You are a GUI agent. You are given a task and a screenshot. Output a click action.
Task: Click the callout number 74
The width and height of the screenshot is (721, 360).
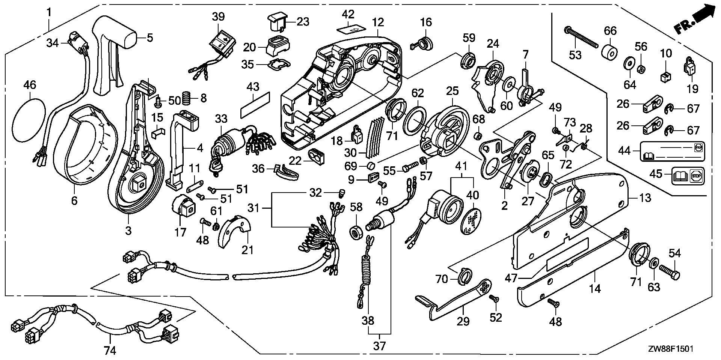pyautogui.click(x=110, y=351)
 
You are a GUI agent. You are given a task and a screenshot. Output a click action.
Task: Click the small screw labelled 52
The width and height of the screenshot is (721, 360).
pyautogui.click(x=493, y=298)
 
